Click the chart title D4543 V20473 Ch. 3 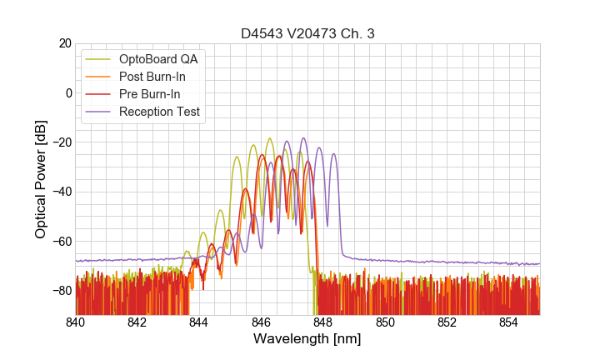coord(307,33)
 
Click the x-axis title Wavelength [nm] coord(307,339)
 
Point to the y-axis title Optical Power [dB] coord(41,179)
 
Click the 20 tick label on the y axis coord(64,43)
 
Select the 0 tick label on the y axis coord(68,92)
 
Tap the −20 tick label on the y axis coord(61,142)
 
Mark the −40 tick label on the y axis coord(61,192)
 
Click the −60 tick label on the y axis coord(61,242)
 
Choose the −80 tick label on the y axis coord(61,291)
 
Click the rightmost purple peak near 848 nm coord(333,154)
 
